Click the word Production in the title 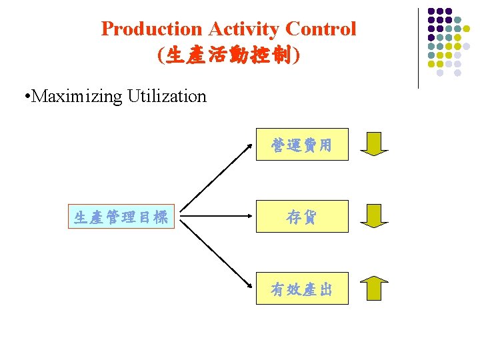click(151, 29)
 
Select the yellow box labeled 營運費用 click(302, 145)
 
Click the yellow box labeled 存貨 click(302, 217)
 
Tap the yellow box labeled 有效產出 click(302, 289)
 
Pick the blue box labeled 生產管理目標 click(121, 217)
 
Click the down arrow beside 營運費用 click(374, 143)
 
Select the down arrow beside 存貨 click(374, 215)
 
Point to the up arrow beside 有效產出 click(374, 287)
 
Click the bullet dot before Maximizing click(25, 97)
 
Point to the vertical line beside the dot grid click(419, 48)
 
